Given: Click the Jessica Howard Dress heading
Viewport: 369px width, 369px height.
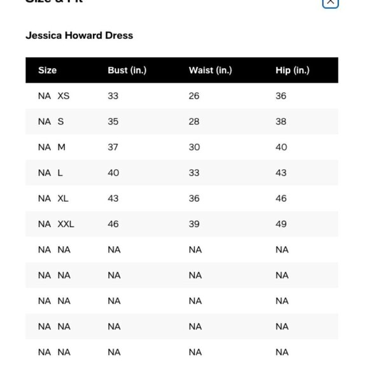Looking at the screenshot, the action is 79,36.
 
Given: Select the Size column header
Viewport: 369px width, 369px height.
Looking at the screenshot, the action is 47,71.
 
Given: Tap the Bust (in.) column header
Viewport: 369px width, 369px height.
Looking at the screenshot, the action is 127,71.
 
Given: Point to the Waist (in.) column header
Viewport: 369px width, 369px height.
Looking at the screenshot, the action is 210,71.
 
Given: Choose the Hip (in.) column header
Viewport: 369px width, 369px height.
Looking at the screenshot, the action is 292,71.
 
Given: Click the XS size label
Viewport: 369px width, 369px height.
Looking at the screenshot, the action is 63,96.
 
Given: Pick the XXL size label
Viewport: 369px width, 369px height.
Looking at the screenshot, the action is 66,224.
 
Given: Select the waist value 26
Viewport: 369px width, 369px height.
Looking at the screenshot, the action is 194,96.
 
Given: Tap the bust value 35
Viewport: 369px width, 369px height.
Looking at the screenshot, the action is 113,122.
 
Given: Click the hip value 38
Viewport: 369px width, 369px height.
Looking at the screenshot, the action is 281,122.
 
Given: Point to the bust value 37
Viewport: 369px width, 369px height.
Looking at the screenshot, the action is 113,147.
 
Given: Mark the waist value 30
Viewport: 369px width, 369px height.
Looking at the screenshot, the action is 194,147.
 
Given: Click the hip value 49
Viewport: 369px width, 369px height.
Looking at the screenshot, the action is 281,224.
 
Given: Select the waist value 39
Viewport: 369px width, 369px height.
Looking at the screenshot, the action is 194,224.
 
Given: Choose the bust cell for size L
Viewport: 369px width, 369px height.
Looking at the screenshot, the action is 113,172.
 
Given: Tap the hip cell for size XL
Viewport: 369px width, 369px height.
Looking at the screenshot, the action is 281,198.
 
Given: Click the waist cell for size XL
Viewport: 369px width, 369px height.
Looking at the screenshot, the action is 194,198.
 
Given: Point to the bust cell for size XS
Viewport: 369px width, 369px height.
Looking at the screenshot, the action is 113,96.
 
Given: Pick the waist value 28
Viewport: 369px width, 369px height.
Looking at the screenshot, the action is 194,122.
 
